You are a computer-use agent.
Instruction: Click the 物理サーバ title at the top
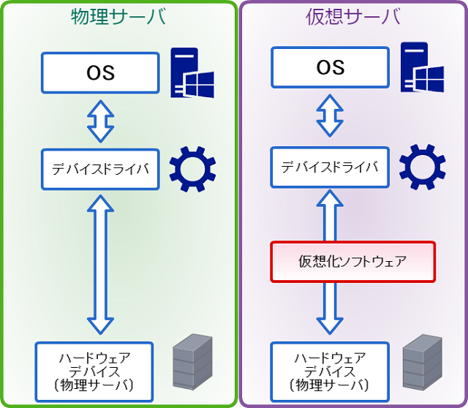[118, 17]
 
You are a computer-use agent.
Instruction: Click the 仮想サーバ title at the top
[352, 17]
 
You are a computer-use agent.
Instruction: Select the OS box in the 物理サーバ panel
[100, 72]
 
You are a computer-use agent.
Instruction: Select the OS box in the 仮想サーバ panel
[330, 67]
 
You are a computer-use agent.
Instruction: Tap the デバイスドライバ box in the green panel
[100, 169]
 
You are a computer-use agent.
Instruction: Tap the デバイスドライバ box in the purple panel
[330, 167]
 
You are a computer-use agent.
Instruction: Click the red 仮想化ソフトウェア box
[352, 261]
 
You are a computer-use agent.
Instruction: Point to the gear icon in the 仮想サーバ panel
[422, 167]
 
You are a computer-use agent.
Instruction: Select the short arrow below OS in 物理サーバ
[100, 121]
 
